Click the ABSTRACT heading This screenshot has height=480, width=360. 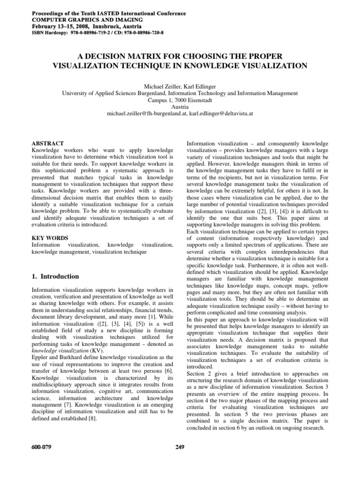click(47, 142)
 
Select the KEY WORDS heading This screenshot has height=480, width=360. click(49, 238)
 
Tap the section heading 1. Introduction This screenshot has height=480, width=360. click(55, 276)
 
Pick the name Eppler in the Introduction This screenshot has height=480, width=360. click(40, 358)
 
